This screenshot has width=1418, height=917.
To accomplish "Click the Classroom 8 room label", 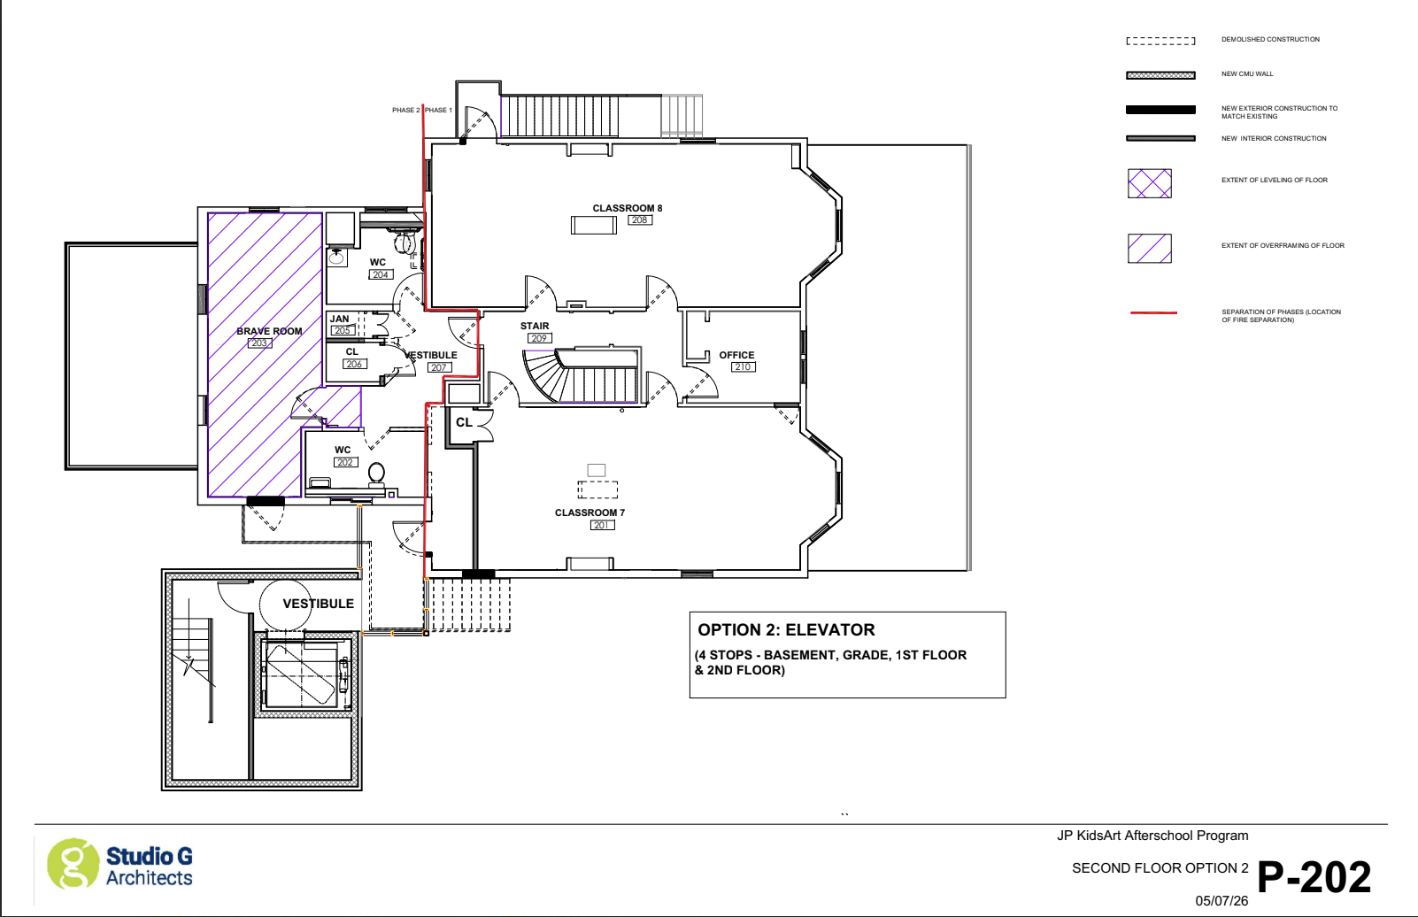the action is (628, 208).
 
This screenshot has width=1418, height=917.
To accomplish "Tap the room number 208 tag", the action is (639, 220).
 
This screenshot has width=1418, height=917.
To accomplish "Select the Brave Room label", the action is (269, 331).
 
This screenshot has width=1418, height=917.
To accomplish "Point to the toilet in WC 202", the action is (377, 474).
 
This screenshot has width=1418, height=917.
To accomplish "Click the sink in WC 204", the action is (336, 257).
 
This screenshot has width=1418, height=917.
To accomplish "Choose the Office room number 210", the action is (743, 367).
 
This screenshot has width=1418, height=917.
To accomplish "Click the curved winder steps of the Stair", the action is (542, 376).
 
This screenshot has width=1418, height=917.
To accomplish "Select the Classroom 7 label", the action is (590, 512).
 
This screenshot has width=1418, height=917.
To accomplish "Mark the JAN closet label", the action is (339, 319).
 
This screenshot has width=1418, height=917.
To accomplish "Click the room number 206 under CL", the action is (354, 364).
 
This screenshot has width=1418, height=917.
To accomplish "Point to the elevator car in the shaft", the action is (302, 674).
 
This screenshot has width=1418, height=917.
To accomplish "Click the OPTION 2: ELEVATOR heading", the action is (786, 629).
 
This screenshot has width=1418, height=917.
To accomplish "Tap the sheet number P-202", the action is (1314, 877).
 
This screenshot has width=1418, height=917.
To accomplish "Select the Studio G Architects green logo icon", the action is (73, 864).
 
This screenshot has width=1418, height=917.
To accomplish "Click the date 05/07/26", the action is (1221, 900).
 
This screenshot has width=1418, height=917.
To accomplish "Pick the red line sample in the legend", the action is (1153, 312).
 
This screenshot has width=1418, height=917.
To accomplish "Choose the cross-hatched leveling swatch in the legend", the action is (1150, 183).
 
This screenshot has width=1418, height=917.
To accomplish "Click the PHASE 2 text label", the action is (405, 110).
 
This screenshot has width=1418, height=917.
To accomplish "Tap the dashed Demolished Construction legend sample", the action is (1160, 41).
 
